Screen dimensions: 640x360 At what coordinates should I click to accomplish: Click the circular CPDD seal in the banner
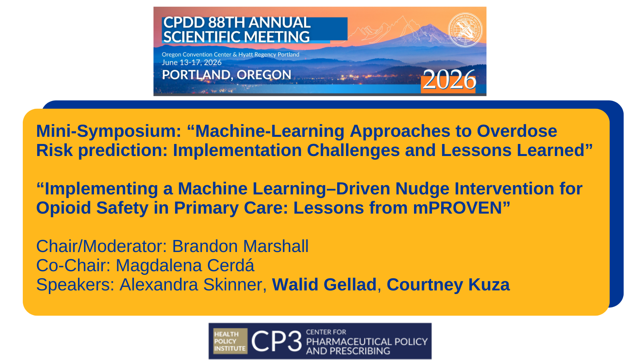(465, 30)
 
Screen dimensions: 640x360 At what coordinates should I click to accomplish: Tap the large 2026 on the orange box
(449, 80)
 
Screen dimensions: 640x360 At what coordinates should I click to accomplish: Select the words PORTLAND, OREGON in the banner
(226, 75)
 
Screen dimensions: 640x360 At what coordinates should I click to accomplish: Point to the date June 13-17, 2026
(192, 62)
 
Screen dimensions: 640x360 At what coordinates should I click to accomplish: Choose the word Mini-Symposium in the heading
(108, 132)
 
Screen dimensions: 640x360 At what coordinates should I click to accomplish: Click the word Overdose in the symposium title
(517, 131)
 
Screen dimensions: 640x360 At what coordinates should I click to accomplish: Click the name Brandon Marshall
(240, 246)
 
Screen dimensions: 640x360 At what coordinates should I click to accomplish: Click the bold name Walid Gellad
(324, 284)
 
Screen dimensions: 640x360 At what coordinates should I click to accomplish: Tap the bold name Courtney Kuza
(448, 285)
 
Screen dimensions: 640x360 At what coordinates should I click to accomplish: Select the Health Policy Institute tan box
(230, 341)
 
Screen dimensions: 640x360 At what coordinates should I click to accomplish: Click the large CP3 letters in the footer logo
(276, 341)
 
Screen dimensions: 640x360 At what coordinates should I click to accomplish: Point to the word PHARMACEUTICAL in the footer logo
(346, 342)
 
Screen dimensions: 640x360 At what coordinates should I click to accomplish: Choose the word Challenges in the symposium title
(353, 150)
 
